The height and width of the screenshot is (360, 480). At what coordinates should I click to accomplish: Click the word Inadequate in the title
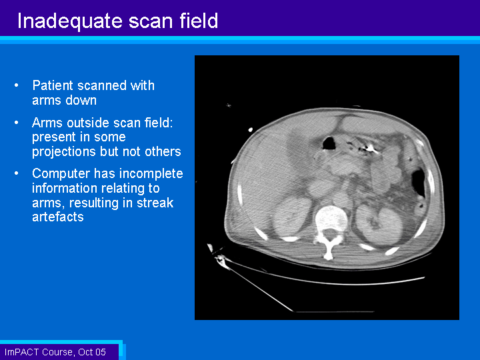tap(71, 21)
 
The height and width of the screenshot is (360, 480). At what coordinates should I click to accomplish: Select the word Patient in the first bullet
tap(53, 85)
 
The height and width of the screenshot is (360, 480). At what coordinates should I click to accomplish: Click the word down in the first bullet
tap(81, 101)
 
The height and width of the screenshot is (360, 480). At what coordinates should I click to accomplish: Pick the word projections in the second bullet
tap(64, 152)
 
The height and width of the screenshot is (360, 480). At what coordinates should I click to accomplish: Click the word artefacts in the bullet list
tap(58, 217)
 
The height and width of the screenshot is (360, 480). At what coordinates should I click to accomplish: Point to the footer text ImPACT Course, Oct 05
tap(55, 352)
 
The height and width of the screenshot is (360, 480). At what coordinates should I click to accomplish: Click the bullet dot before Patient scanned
tap(17, 85)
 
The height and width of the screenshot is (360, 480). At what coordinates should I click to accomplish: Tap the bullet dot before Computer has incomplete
tap(17, 173)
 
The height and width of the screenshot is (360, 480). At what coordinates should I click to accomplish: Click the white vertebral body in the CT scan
tap(331, 219)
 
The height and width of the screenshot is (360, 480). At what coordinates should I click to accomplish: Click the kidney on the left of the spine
tap(288, 217)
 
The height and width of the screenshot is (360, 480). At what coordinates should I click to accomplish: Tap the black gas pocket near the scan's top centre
tap(329, 143)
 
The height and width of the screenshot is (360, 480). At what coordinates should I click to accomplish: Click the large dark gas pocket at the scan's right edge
tap(418, 183)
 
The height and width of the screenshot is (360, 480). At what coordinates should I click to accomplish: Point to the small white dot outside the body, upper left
tap(251, 130)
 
